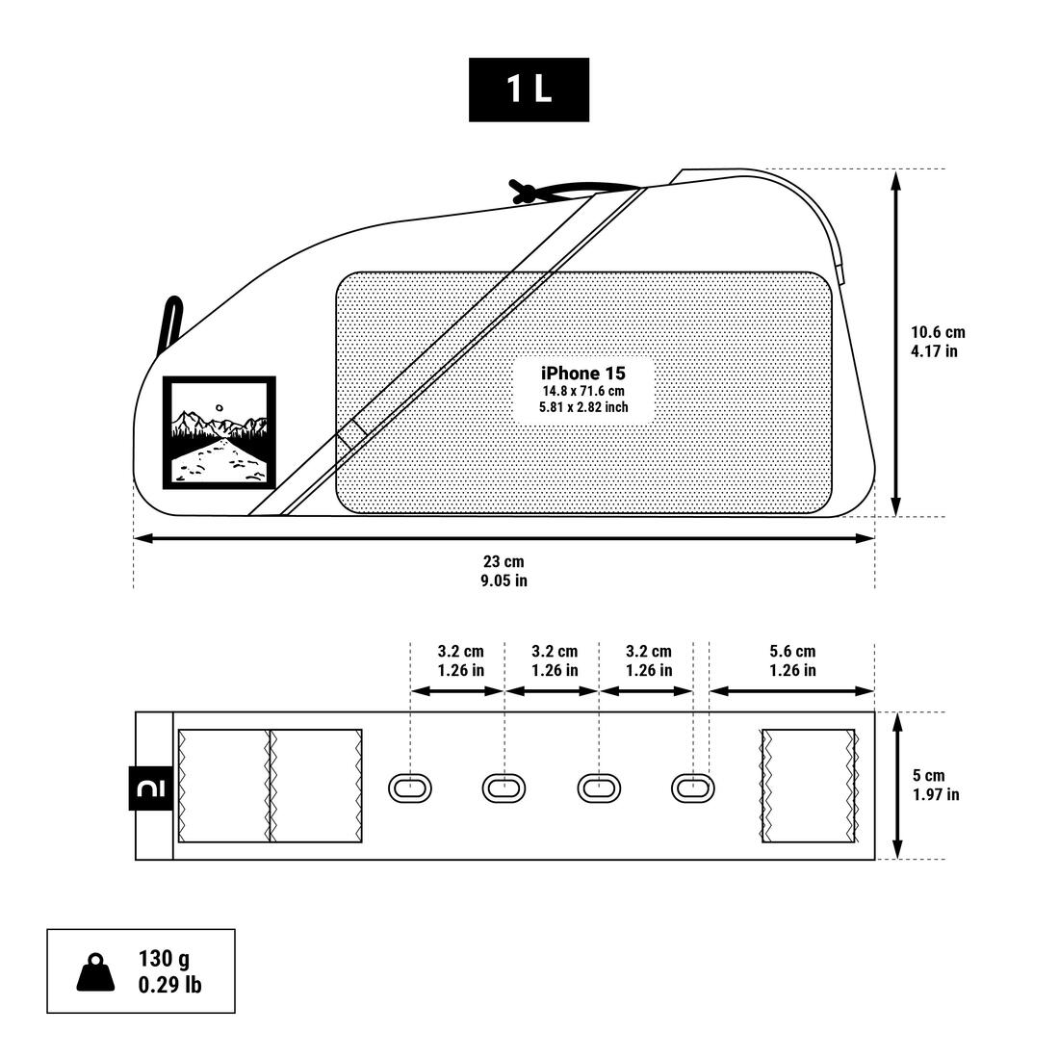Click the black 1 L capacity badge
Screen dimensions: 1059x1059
(529, 90)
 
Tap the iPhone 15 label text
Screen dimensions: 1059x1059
(583, 374)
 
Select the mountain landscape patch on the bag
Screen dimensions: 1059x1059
(219, 432)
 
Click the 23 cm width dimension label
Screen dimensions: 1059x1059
(504, 562)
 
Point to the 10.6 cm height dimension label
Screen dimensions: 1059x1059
(938, 333)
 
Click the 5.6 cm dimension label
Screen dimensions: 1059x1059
(792, 652)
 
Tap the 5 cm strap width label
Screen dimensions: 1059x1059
(929, 775)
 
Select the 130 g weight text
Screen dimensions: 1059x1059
(164, 959)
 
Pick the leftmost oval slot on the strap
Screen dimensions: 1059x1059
(409, 788)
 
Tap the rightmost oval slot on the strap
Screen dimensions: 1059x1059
(692, 788)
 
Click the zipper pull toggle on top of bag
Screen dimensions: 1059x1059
(524, 191)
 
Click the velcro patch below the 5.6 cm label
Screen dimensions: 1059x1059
(809, 786)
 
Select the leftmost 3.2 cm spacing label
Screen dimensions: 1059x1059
(460, 652)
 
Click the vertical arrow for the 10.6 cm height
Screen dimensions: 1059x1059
(896, 343)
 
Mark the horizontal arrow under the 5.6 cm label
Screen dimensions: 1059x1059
(791, 690)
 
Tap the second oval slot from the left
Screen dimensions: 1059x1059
(504, 788)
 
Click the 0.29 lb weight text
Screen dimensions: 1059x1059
(169, 985)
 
